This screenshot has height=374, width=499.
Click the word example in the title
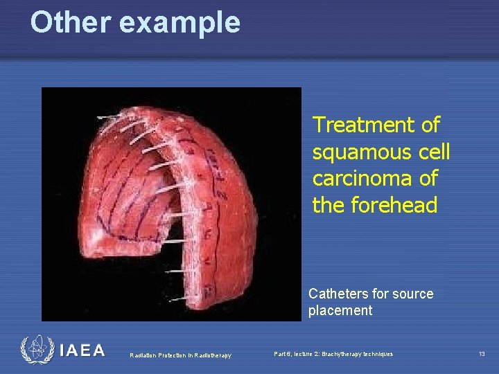pyautogui.click(x=180, y=24)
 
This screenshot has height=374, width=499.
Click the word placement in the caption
pyautogui.click(x=340, y=310)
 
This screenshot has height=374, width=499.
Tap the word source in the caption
pyautogui.click(x=413, y=294)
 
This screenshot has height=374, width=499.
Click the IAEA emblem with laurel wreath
pyautogui.click(x=36, y=350)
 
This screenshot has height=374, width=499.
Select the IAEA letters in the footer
pyautogui.click(x=82, y=351)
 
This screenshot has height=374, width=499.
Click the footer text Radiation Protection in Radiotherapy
pyautogui.click(x=181, y=355)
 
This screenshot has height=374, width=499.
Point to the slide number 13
pyautogui.click(x=481, y=354)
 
